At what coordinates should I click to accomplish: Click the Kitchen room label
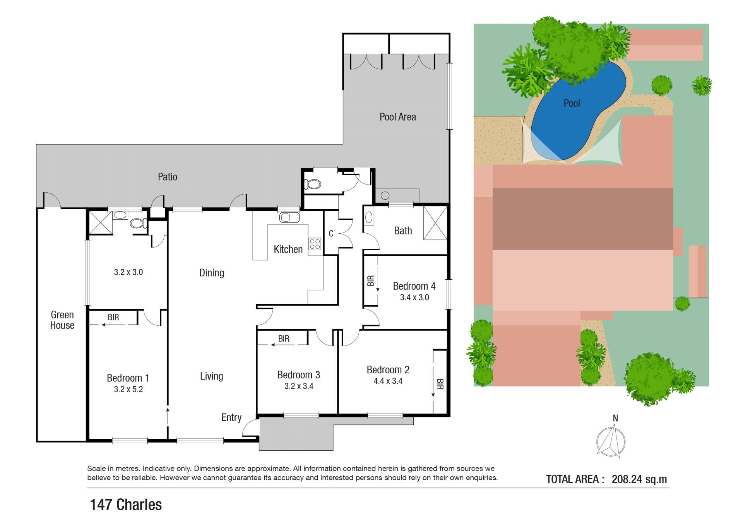288,249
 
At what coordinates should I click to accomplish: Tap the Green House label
62,320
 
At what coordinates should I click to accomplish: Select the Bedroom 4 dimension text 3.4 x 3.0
414,298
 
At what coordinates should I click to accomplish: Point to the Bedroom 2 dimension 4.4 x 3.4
388,381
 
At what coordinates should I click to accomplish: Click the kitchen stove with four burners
315,244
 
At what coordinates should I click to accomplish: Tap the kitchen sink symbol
289,217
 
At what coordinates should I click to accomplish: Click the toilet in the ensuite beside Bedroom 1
138,223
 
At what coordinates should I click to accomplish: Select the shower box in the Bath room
435,223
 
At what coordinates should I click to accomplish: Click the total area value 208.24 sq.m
639,479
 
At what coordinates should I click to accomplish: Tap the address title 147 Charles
126,504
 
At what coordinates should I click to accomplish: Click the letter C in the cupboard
331,234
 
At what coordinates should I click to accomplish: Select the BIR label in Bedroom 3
284,339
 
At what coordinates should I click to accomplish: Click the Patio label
168,177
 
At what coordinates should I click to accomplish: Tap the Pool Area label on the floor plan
398,117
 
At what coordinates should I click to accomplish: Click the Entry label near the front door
231,417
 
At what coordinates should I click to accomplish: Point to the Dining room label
212,273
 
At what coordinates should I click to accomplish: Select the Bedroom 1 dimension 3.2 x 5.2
128,390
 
